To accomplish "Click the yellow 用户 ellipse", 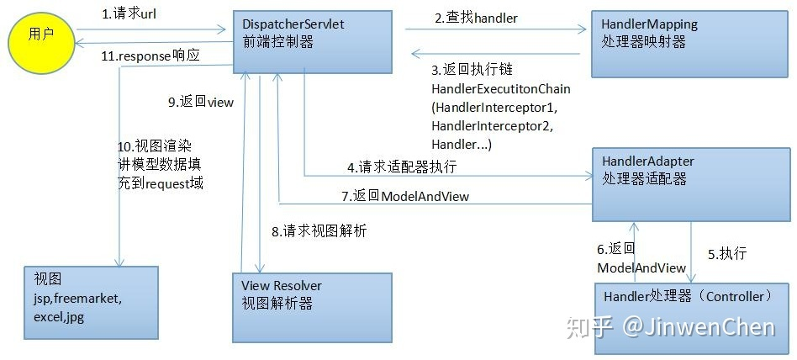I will click(38, 36).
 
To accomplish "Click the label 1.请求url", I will click(130, 14).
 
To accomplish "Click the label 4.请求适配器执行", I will click(402, 167).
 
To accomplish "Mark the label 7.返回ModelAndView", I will click(405, 195).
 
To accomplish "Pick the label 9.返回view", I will click(201, 102).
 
